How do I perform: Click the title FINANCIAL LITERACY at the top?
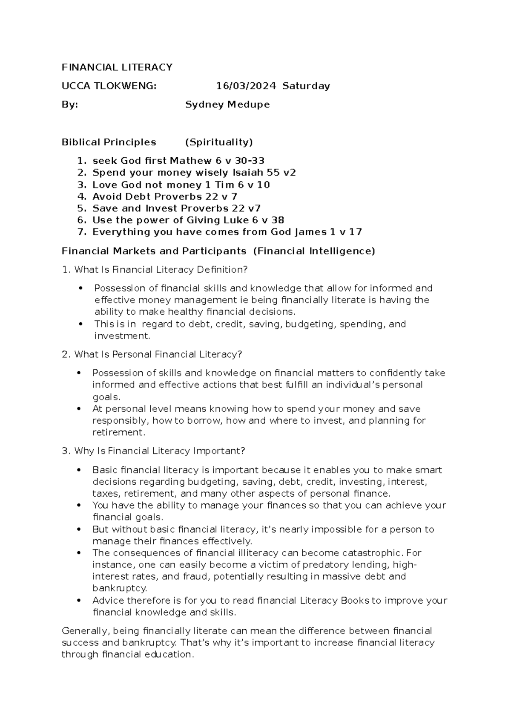[x=117, y=67]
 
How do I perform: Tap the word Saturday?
[x=306, y=86]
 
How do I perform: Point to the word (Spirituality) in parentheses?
[x=219, y=142]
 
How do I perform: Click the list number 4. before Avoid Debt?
[x=82, y=197]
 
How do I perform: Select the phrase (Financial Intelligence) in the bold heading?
[x=314, y=252]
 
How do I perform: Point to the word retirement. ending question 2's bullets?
[x=119, y=433]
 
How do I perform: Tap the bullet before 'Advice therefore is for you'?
[x=79, y=601]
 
